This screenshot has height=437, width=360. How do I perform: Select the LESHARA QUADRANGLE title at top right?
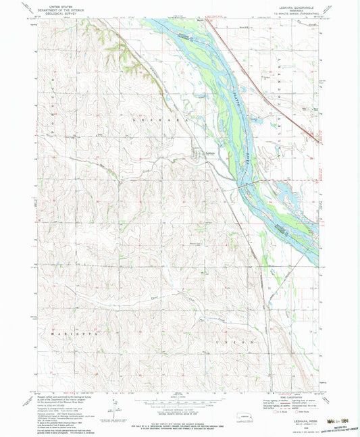[x=298, y=7]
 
